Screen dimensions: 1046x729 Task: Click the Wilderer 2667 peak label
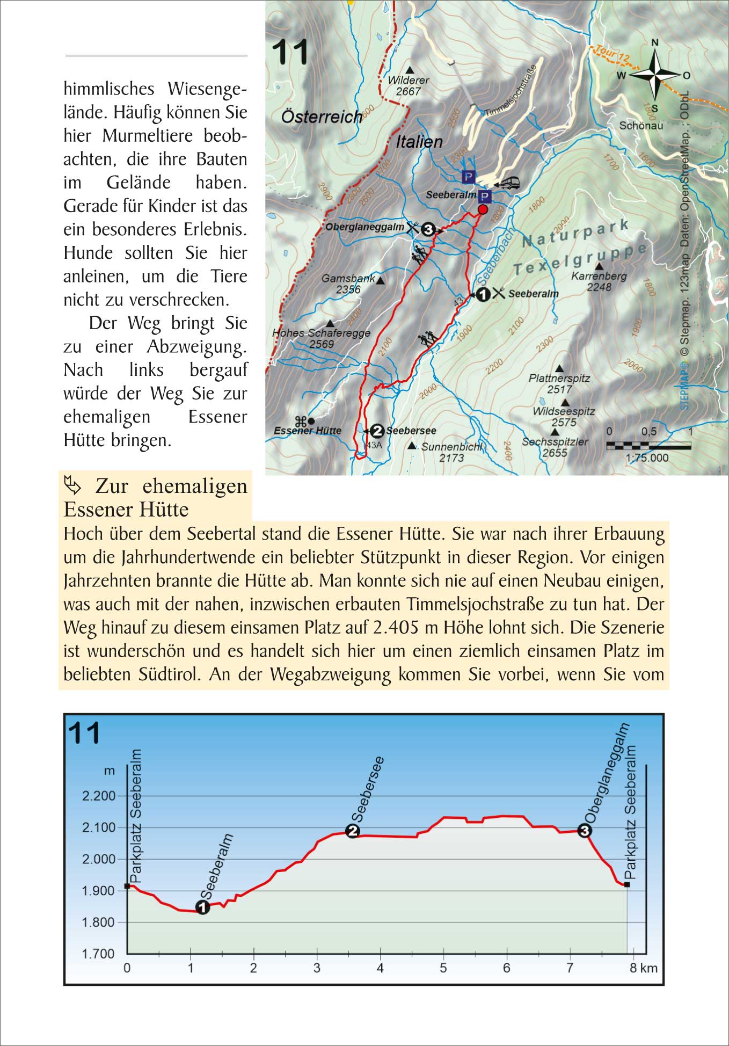pos(409,85)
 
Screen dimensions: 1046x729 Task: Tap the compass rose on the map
pos(654,75)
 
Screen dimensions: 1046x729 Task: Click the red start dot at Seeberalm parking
pos(483,209)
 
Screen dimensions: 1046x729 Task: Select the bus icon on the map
pos(508,183)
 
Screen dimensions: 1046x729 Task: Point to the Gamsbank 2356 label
pos(348,284)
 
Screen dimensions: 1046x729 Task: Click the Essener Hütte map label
pos(308,431)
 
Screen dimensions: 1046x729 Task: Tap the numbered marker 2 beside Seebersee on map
pos(377,431)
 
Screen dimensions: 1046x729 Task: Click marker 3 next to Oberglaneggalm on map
pos(427,229)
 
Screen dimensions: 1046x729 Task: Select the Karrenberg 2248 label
pos(599,281)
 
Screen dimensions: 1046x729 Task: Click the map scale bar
pos(648,445)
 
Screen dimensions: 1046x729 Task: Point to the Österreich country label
pos(322,117)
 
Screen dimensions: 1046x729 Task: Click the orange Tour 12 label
pos(613,53)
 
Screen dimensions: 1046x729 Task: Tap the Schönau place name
pos(641,126)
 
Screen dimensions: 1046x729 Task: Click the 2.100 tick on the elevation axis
pos(99,827)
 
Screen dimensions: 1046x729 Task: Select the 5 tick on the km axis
pos(443,968)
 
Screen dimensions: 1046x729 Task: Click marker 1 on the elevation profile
pos(202,907)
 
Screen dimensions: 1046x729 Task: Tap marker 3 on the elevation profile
pos(585,831)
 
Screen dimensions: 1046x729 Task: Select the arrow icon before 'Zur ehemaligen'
pos(73,485)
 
